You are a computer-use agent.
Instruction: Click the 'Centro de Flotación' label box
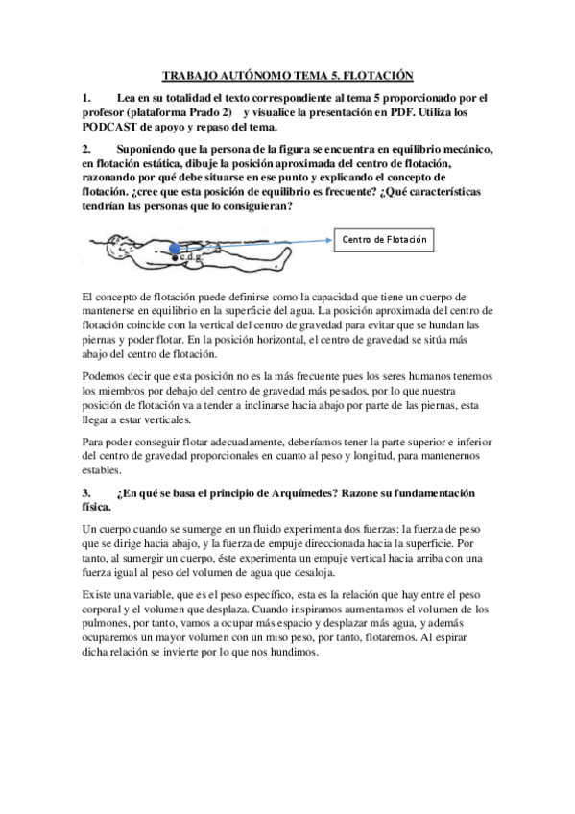point(383,239)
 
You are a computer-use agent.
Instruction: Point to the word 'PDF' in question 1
point(406,112)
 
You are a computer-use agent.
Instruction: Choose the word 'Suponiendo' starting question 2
point(146,149)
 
